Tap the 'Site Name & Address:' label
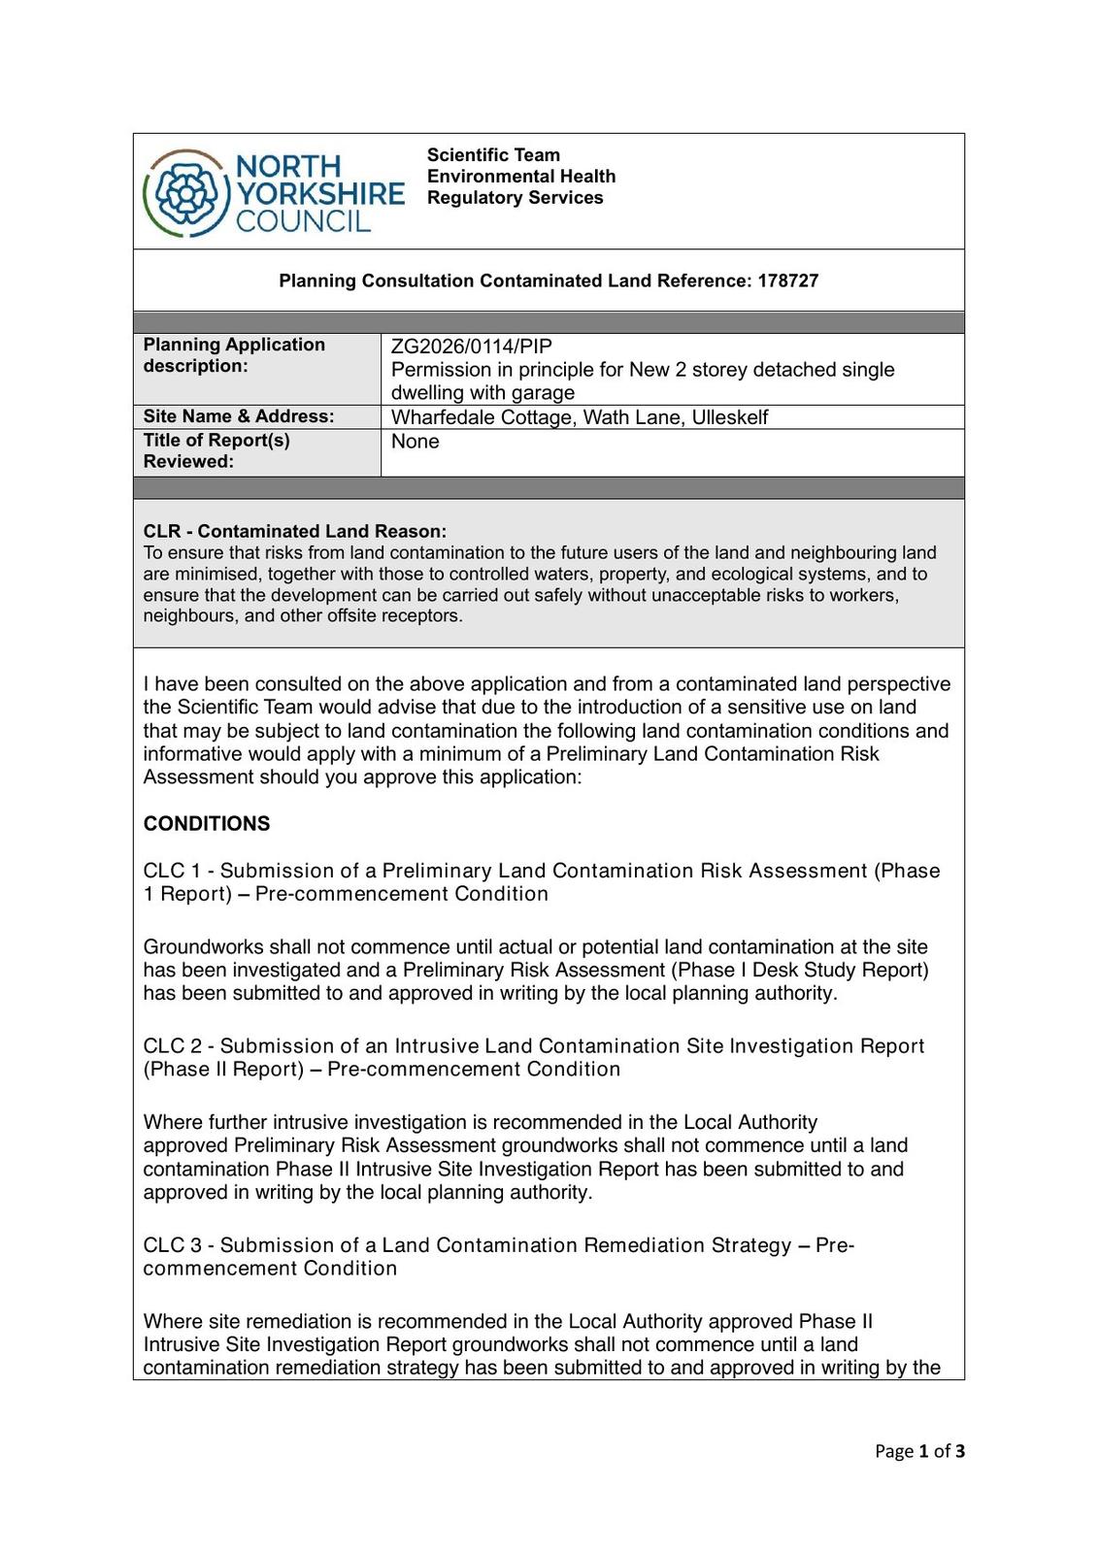click(x=239, y=416)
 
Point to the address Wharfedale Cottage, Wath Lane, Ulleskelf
click(x=579, y=417)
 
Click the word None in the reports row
click(x=415, y=442)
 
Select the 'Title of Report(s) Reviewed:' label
click(x=216, y=450)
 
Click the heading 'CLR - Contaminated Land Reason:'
click(x=295, y=531)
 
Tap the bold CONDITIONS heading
click(x=207, y=824)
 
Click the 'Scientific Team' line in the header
click(x=493, y=155)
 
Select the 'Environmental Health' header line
click(x=521, y=177)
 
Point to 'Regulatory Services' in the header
click(x=515, y=198)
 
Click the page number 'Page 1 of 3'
click(x=919, y=1451)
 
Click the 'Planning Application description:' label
click(x=234, y=355)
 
